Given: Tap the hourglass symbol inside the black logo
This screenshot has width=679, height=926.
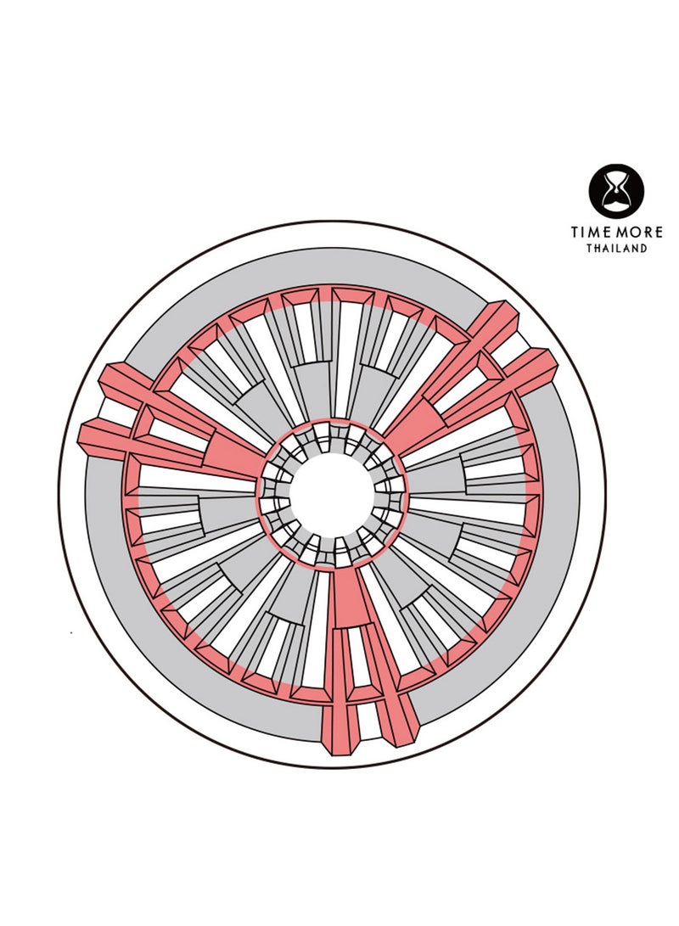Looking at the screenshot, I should (x=616, y=191).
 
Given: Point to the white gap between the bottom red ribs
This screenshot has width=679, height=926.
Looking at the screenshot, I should (x=368, y=713).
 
